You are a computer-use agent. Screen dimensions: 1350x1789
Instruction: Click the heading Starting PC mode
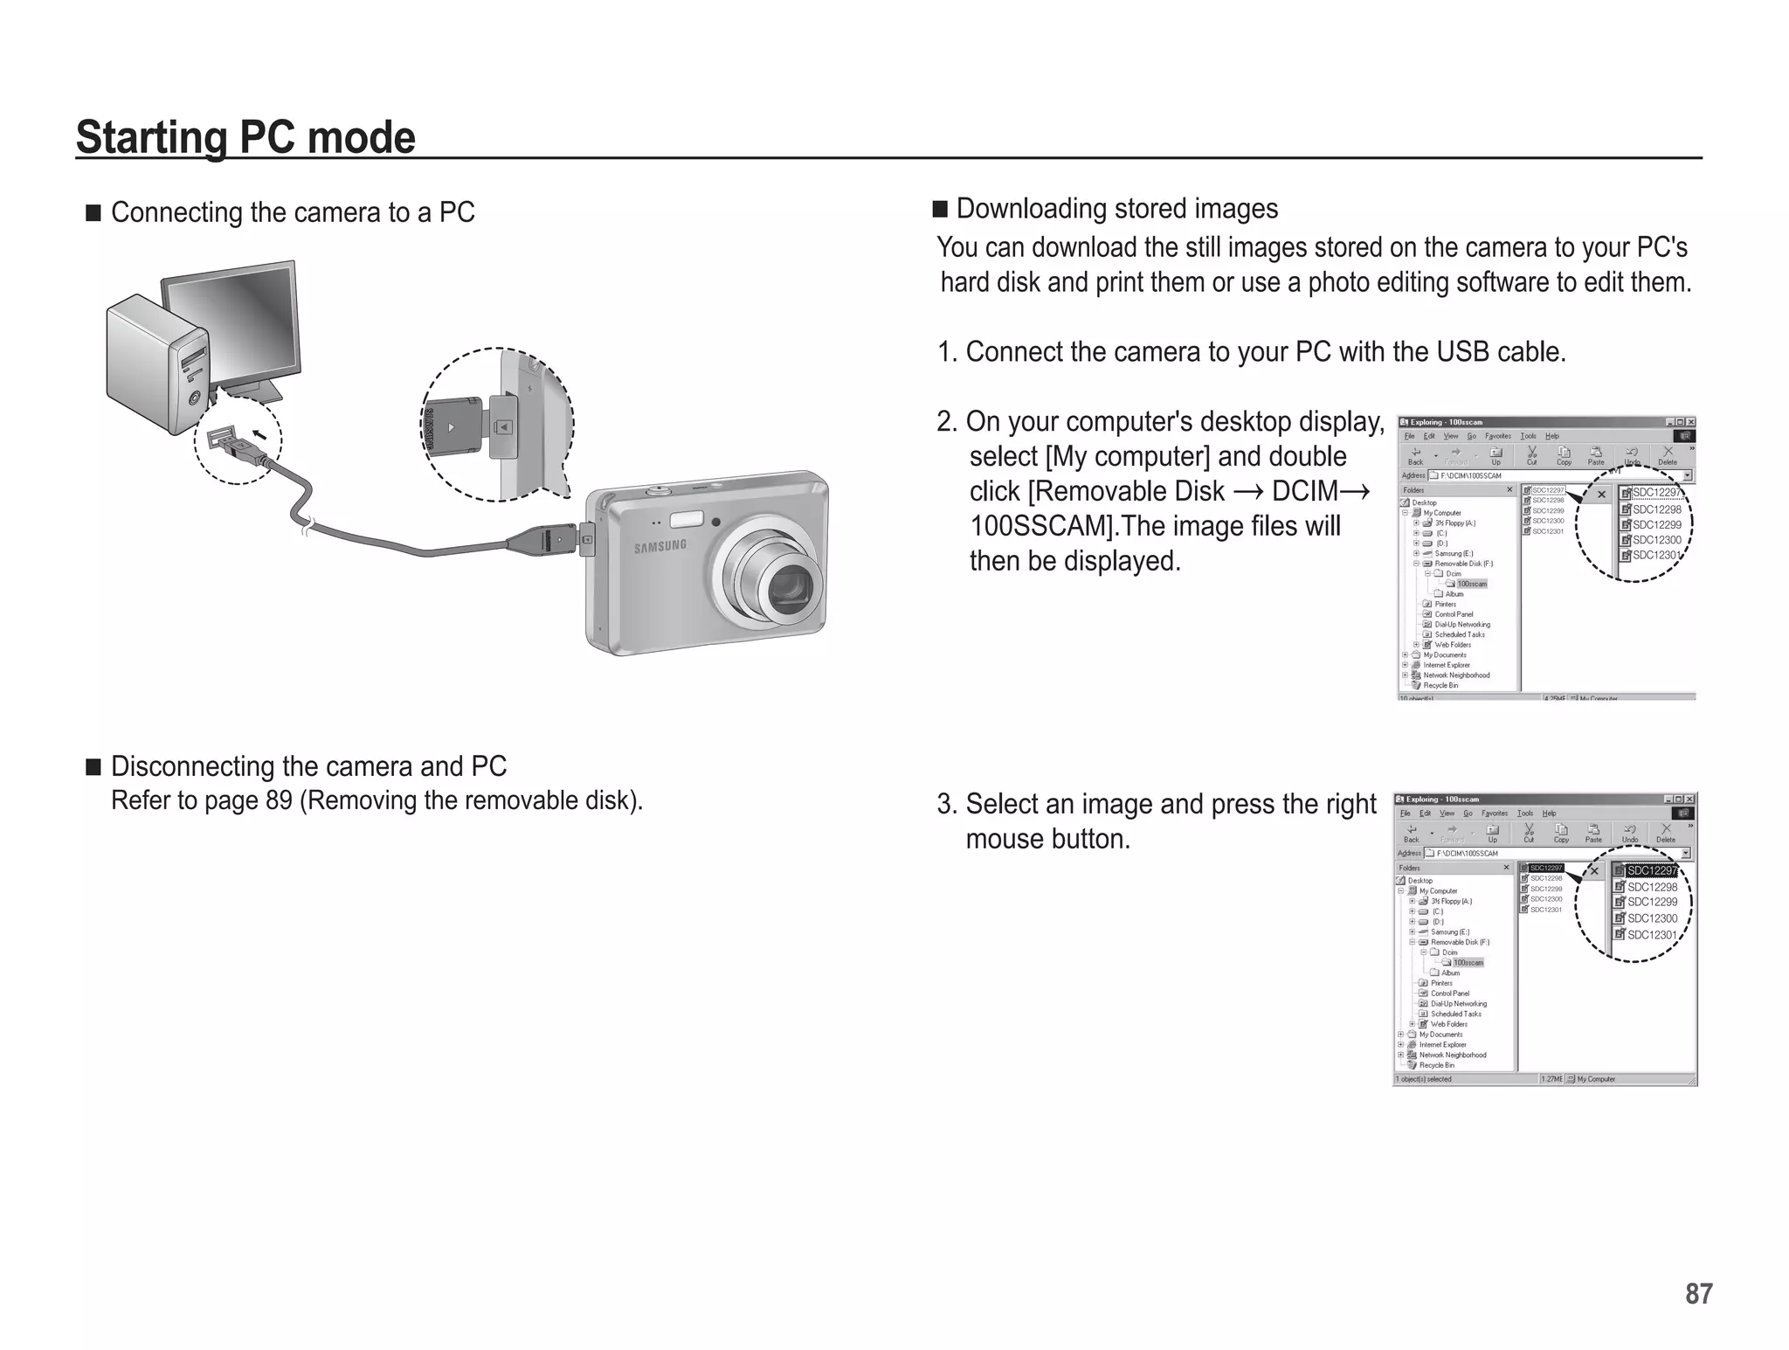[245, 137]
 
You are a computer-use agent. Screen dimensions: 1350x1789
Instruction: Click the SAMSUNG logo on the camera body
[660, 546]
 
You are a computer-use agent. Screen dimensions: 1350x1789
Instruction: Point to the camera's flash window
[687, 519]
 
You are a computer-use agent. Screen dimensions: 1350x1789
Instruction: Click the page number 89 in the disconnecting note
[278, 800]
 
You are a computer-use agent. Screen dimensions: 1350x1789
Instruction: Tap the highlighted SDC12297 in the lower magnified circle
[1651, 870]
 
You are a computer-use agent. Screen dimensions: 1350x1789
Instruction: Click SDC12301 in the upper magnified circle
[1655, 555]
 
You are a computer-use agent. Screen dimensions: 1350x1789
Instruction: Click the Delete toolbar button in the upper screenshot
[1667, 455]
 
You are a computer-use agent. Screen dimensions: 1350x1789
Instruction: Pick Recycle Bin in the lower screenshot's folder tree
[1436, 1065]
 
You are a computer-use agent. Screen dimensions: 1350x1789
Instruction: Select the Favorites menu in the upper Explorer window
[1498, 436]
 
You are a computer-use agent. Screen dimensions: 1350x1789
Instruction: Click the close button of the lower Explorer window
[1689, 799]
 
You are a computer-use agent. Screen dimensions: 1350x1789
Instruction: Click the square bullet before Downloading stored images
[940, 209]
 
